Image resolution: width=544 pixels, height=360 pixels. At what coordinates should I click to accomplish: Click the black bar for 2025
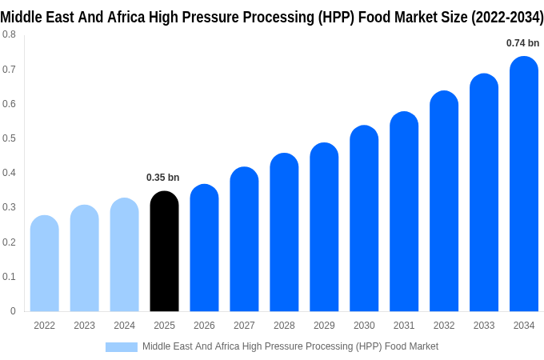coord(164,252)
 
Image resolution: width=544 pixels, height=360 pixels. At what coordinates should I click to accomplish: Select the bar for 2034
coord(524,184)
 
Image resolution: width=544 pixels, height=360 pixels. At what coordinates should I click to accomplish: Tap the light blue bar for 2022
coord(45,264)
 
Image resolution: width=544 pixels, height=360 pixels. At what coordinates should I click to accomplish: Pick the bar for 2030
coord(364,219)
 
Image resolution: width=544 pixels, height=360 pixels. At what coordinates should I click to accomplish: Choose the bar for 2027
coord(244,240)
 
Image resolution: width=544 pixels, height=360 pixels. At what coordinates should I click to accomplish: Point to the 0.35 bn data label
coord(163,178)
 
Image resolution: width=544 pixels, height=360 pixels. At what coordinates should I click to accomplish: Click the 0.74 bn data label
coord(523,43)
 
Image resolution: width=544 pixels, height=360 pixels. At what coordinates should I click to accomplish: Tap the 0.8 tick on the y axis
coord(9,34)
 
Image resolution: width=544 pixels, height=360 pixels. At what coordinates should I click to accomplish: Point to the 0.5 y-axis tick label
coord(9,138)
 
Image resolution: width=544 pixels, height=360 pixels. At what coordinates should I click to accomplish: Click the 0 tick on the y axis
coord(13,311)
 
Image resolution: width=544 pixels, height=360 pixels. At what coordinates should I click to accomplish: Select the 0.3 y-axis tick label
coord(9,207)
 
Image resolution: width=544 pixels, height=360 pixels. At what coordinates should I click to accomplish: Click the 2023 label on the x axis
coord(84,326)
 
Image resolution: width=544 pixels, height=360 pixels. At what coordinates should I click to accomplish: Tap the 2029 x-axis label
coord(324,326)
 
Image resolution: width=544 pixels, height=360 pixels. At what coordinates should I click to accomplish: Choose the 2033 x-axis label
coord(484,326)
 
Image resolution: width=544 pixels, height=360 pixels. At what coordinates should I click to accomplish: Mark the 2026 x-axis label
coord(204,326)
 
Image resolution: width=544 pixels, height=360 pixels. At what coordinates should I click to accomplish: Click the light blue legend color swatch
coord(122,346)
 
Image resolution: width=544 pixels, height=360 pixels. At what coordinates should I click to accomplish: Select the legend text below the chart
coord(290,346)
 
